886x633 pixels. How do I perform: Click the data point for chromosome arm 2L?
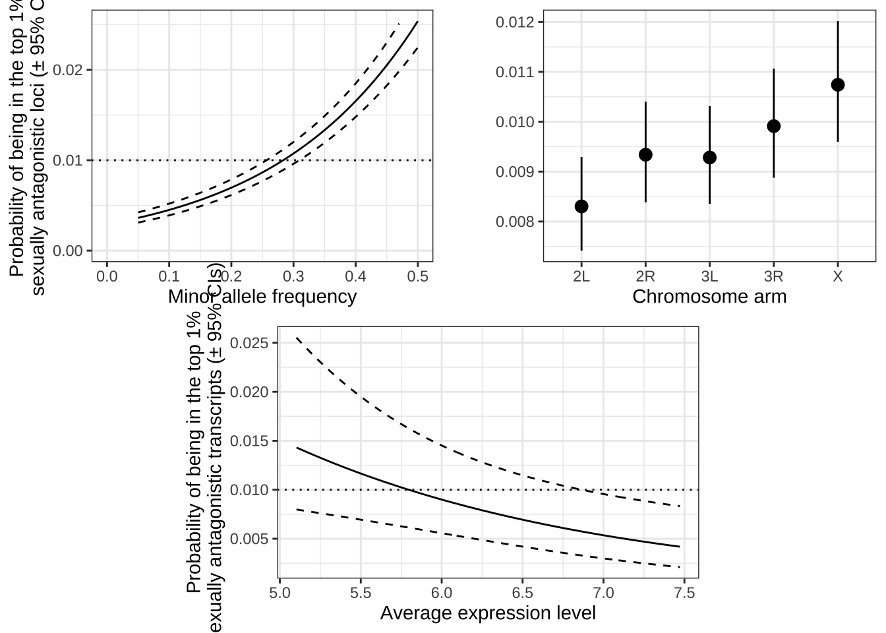tap(581, 206)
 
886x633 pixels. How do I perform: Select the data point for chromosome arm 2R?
tap(645, 155)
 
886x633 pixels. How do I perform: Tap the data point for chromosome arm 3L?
tap(709, 158)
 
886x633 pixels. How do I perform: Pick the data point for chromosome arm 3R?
tap(774, 126)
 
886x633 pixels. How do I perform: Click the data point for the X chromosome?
tap(838, 84)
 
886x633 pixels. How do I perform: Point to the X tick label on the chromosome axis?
tap(838, 276)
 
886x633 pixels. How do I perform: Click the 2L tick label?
tap(581, 276)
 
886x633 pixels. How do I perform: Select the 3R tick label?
tap(774, 276)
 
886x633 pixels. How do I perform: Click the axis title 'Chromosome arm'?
tap(709, 297)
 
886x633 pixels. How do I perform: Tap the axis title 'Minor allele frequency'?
tap(262, 297)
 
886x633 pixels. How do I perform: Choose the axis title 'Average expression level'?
tap(488, 613)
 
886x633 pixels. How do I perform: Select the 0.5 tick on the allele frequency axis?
tap(418, 276)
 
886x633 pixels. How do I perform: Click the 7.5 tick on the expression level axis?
tap(685, 593)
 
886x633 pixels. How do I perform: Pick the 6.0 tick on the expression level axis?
tap(442, 593)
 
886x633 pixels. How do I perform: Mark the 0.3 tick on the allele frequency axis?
tap(293, 276)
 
